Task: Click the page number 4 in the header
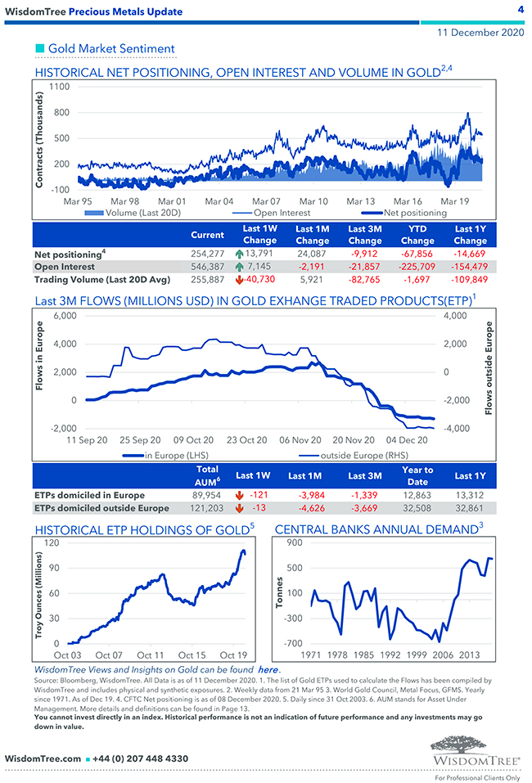(521, 10)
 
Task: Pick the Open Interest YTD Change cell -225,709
(417, 267)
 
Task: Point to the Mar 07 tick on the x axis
(266, 201)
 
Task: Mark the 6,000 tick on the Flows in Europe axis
(64, 316)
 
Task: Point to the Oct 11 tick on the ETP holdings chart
(151, 655)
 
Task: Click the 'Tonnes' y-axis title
(280, 593)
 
